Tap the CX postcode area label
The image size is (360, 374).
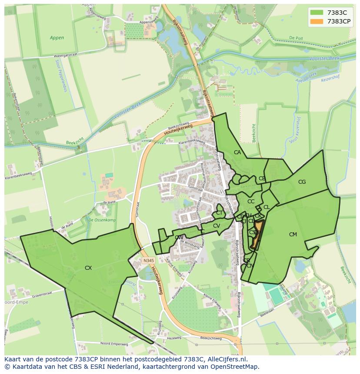click(88, 268)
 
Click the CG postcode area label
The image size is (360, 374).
click(302, 182)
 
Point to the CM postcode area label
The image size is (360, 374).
click(293, 235)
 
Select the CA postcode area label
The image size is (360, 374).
click(237, 152)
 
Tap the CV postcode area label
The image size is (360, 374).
click(216, 225)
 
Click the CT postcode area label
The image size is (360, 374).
click(219, 213)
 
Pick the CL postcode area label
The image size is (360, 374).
click(267, 207)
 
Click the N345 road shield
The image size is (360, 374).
click(148, 261)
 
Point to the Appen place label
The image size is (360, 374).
click(57, 38)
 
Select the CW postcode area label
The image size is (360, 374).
click(179, 238)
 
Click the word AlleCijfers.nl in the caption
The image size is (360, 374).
click(226, 359)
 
